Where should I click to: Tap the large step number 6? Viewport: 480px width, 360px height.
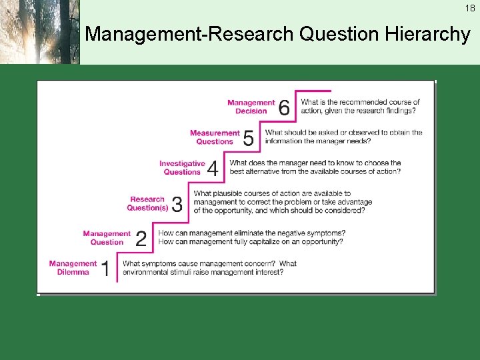tap(284, 107)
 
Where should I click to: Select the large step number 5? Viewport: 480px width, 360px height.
tap(248, 138)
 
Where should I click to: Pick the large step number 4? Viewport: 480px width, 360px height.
tap(213, 169)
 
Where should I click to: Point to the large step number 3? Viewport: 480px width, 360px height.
tap(177, 204)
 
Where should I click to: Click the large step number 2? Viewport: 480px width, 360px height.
tap(141, 239)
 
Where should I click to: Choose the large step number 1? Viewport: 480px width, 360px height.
tap(105, 269)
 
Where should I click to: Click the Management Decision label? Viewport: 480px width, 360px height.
tap(251, 107)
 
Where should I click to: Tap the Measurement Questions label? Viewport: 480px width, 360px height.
tap(215, 137)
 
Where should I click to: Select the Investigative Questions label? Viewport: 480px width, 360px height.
tap(182, 167)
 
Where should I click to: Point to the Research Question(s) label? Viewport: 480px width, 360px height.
tap(148, 203)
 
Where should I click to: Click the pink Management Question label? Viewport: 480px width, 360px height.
tap(107, 238)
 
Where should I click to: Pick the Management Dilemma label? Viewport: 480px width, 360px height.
tap(73, 267)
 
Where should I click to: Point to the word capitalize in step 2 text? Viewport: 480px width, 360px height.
tap(269, 241)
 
